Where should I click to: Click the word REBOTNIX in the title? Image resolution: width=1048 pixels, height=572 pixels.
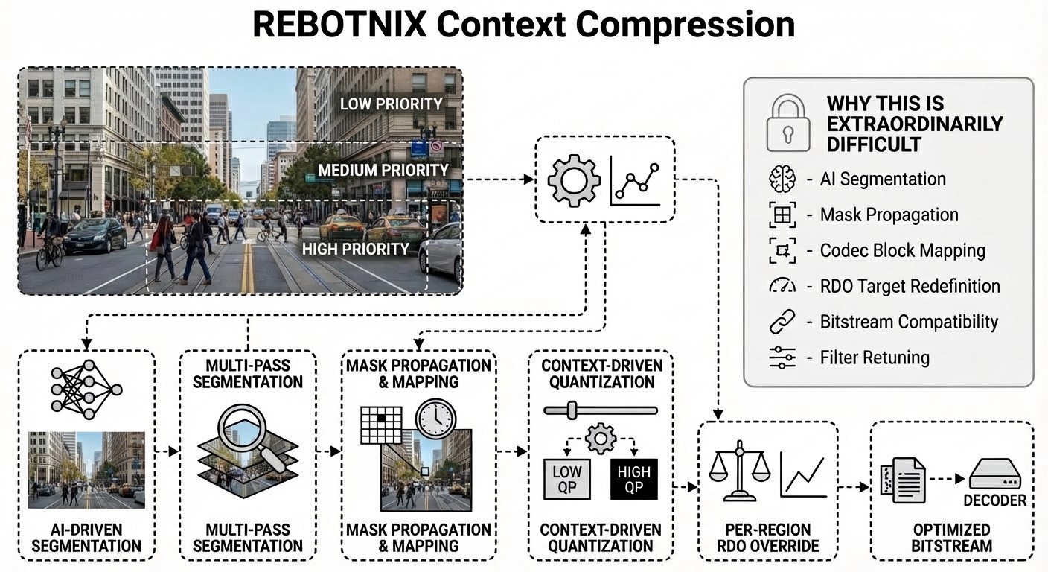[339, 25]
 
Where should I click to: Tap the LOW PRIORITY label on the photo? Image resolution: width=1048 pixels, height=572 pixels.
[391, 104]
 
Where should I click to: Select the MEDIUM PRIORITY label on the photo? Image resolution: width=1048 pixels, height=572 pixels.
[383, 171]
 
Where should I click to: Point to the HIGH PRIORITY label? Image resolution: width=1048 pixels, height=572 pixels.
[356, 249]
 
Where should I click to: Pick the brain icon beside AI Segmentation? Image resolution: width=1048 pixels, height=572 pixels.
[782, 179]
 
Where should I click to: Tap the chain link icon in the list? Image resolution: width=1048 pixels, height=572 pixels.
[782, 322]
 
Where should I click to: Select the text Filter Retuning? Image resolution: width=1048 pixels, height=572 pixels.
[875, 357]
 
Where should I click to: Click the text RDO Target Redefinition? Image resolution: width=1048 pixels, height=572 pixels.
[910, 286]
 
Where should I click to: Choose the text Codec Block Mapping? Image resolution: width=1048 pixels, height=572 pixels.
[902, 250]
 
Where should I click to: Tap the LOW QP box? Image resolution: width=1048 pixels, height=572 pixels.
[566, 479]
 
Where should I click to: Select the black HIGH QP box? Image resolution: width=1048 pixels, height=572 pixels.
[633, 479]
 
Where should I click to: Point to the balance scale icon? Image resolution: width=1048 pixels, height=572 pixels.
[739, 471]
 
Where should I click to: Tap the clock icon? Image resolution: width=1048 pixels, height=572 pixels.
[436, 419]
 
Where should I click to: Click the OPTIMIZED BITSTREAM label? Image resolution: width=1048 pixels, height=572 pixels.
[952, 538]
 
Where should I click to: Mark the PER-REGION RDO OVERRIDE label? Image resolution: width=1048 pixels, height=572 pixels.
[767, 538]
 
